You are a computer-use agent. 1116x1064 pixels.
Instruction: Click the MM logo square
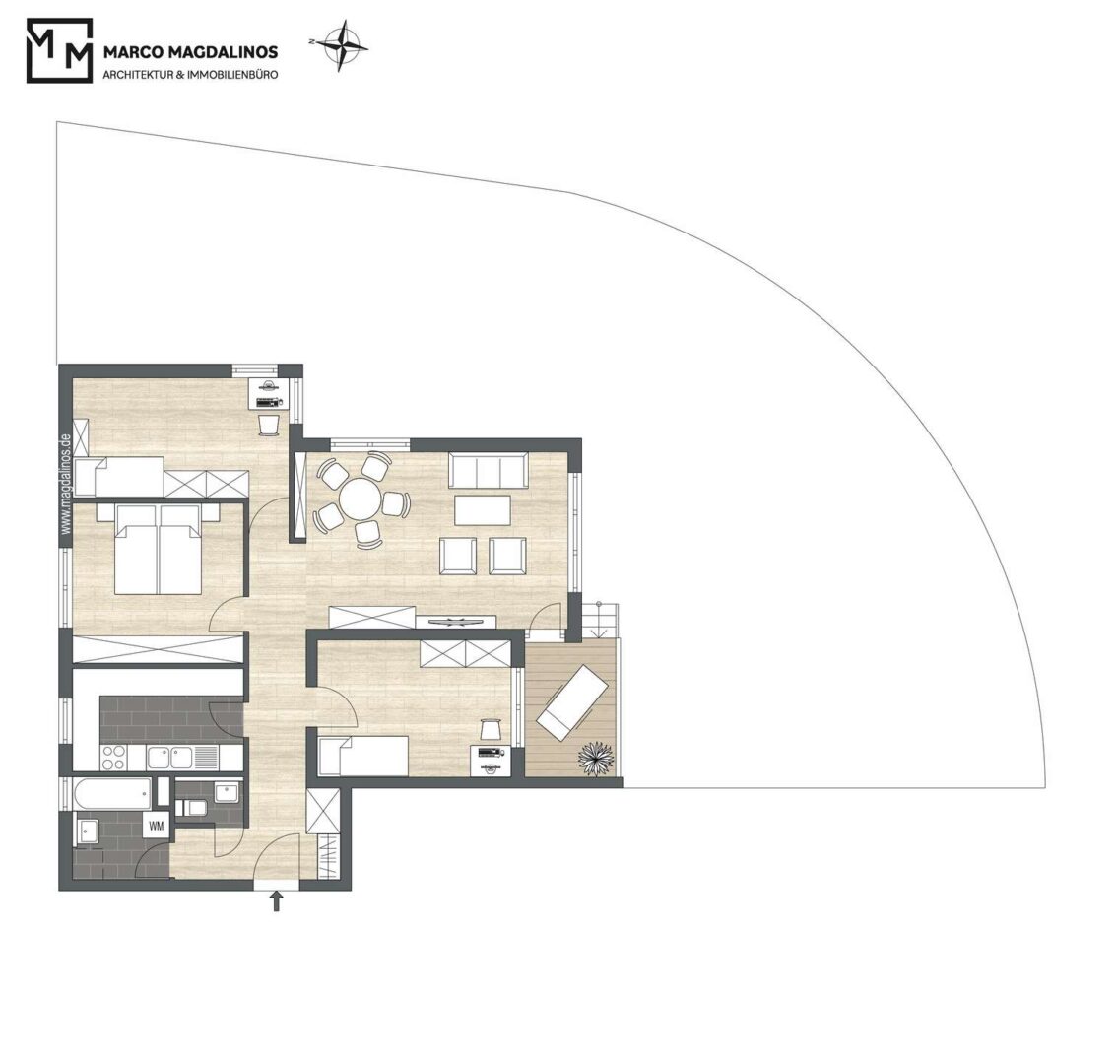pos(60,50)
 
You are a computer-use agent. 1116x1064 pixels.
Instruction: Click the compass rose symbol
pos(343,45)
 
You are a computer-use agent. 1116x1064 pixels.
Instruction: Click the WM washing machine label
pos(157,826)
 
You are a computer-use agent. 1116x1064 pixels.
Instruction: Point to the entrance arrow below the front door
pos(277,901)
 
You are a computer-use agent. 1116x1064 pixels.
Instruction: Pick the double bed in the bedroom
pos(159,549)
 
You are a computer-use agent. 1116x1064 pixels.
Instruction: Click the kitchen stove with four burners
pos(114,757)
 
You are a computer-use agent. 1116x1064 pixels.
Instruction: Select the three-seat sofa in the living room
pos(489,470)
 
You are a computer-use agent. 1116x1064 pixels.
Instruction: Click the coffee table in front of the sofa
pos(483,509)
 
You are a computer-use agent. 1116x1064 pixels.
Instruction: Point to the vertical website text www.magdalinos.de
pos(66,484)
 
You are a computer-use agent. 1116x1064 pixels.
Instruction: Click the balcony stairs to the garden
pos(600,621)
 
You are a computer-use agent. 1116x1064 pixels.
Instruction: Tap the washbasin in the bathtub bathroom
pos(89,831)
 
